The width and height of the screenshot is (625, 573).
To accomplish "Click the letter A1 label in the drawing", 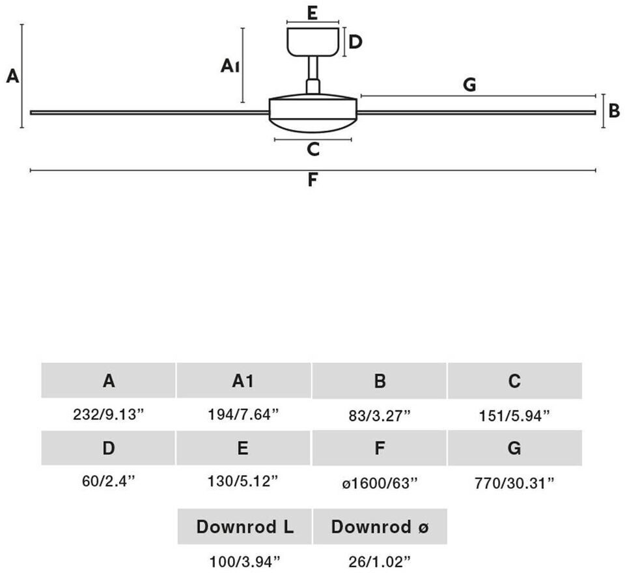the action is [x=230, y=66].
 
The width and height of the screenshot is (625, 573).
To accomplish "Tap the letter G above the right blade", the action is [x=469, y=85].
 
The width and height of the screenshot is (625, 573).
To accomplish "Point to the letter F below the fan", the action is [x=313, y=180].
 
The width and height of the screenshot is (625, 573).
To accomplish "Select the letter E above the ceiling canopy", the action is [x=312, y=13].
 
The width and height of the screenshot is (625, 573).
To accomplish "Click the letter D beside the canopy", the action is [x=355, y=42].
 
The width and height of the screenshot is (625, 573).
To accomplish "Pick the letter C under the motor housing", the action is [x=313, y=150].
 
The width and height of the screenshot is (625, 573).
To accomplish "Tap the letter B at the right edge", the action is [x=614, y=111].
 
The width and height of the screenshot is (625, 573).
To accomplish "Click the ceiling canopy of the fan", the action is [x=313, y=42].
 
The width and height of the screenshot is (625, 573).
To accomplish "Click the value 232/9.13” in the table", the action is [x=108, y=415].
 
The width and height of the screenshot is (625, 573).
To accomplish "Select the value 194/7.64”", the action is [x=243, y=415].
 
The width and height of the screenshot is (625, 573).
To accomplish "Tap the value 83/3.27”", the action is [x=380, y=416].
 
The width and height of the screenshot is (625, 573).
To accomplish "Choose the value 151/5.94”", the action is [x=514, y=416].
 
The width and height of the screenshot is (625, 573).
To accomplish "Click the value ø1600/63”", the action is [x=380, y=483].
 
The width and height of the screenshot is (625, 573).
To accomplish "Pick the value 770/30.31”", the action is [x=514, y=483].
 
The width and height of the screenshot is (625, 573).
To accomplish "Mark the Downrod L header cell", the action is [x=245, y=526].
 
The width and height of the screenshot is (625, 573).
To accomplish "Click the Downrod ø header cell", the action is [x=380, y=526].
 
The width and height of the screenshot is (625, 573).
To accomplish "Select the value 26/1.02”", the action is [x=380, y=562].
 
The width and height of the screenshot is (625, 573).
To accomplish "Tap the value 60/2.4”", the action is [x=109, y=481].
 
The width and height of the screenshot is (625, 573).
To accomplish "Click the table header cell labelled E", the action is [x=243, y=448].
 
